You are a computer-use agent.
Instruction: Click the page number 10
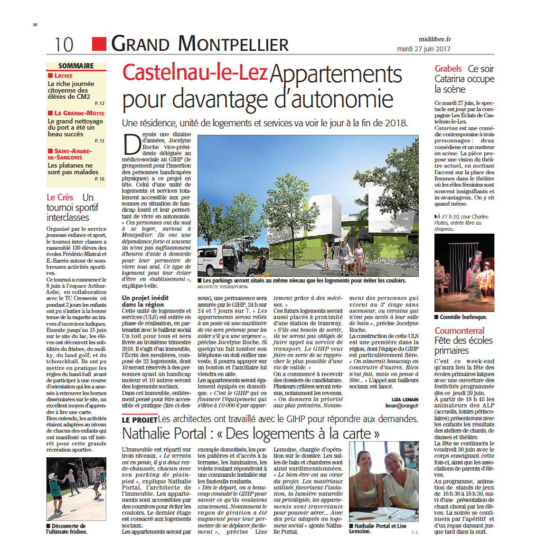64,45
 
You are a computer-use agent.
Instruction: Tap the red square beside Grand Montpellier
99,44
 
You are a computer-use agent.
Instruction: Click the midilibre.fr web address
434,39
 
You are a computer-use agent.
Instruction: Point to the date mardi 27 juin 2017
424,48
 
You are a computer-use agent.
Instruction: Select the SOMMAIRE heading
76,66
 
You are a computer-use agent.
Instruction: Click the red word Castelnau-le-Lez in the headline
195,73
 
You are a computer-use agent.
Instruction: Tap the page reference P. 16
100,179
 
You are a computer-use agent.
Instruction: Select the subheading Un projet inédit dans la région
145,301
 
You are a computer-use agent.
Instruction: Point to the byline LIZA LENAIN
405,399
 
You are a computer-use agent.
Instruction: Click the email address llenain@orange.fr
402,406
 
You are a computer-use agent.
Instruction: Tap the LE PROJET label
139,420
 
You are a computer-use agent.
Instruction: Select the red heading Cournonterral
459,331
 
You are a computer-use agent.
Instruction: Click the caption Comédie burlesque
463,317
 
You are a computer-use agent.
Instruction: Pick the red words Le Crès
60,197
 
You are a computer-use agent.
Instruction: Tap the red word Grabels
448,69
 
